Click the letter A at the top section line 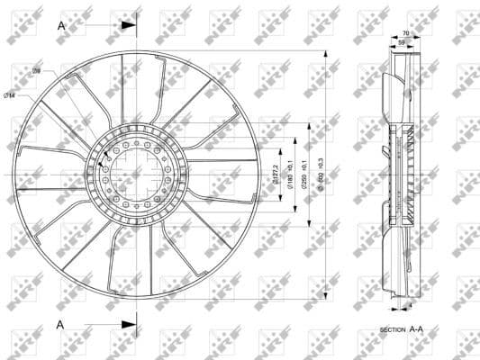[x=61, y=26]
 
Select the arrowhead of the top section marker [x=128, y=26]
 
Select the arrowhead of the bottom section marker [x=128, y=324]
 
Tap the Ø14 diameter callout [x=10, y=95]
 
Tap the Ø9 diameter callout [x=37, y=70]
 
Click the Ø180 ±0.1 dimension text [x=290, y=171]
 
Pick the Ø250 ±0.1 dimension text [x=304, y=172]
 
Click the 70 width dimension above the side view [x=404, y=33]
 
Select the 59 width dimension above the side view [x=401, y=42]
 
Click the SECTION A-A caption [x=402, y=330]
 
